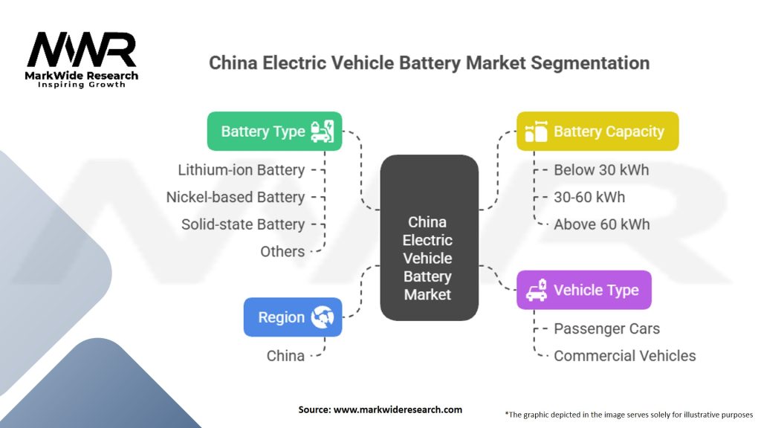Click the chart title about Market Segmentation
tap(429, 62)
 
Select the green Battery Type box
tap(274, 132)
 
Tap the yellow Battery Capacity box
tap(597, 132)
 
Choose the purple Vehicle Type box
tap(583, 290)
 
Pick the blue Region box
tap(293, 317)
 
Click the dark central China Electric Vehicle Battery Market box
tap(428, 238)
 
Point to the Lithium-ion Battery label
tap(242, 170)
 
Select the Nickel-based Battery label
tap(236, 197)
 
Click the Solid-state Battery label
tap(243, 224)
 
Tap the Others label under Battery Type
tap(282, 251)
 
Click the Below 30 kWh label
tap(601, 170)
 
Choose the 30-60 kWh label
tap(589, 197)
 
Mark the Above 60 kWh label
tap(602, 224)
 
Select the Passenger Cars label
tap(606, 328)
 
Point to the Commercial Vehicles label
tap(625, 356)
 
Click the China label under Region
tap(285, 356)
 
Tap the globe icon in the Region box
tap(323, 317)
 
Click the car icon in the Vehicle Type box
tap(537, 290)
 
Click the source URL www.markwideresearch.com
tap(398, 409)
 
